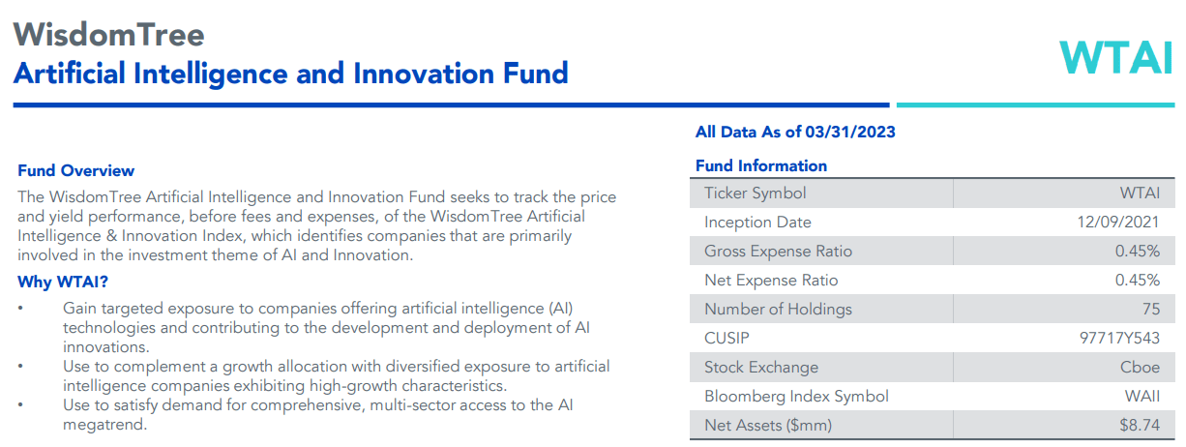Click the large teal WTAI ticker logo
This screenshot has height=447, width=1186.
(1116, 58)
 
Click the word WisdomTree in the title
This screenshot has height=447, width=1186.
(109, 35)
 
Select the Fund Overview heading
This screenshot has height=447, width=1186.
(75, 170)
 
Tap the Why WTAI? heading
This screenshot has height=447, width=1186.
(63, 282)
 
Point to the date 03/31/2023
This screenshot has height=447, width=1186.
(849, 132)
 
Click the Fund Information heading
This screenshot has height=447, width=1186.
(761, 165)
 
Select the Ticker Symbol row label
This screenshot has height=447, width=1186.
(755, 194)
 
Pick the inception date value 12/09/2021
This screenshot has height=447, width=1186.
(1118, 222)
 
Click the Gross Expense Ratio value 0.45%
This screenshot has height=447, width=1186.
(1138, 251)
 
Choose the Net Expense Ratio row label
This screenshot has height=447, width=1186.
(771, 281)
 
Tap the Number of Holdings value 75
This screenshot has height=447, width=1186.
(1151, 309)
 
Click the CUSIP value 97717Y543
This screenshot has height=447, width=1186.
(1120, 338)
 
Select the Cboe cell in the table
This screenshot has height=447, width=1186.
(1140, 367)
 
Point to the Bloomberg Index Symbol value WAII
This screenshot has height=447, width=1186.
(1142, 396)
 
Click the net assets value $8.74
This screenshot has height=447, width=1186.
(1140, 425)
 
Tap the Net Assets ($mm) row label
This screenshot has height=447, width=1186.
(768, 426)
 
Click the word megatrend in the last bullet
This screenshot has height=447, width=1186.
(104, 425)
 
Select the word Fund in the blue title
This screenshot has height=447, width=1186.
(535, 74)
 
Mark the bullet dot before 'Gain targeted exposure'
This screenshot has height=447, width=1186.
(20, 308)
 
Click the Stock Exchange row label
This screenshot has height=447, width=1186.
(761, 367)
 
